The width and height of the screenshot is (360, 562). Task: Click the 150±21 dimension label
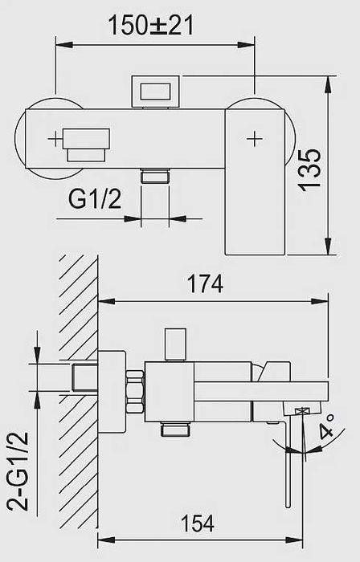click(x=150, y=25)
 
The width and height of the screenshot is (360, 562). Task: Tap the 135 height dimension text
click(x=309, y=170)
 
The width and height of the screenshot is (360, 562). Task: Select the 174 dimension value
click(x=206, y=283)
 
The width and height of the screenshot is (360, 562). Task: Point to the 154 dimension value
click(x=198, y=523)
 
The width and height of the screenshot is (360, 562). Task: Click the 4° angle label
click(x=326, y=427)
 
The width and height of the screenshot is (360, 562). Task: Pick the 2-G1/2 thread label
click(x=18, y=471)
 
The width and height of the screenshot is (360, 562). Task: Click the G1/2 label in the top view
click(x=95, y=199)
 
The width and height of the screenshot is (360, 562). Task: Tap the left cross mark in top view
click(x=55, y=139)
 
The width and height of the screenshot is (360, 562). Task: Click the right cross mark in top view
click(x=255, y=138)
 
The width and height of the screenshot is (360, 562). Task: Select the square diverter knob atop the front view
click(x=155, y=92)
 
